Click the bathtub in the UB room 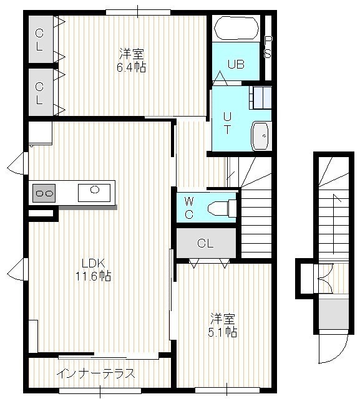236,28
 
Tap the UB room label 236,64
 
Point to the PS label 268,47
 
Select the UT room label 227,123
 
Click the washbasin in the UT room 260,136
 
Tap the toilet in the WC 222,208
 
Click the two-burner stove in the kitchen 44,193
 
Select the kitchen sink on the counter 94,193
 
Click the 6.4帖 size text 132,68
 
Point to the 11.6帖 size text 93,276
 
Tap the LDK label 93,263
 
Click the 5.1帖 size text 223,332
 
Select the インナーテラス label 95,373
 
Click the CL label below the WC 205,243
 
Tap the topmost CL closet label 39,40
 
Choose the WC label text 189,208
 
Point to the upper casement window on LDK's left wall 18,163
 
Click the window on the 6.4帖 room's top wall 138,12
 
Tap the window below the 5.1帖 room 227,390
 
